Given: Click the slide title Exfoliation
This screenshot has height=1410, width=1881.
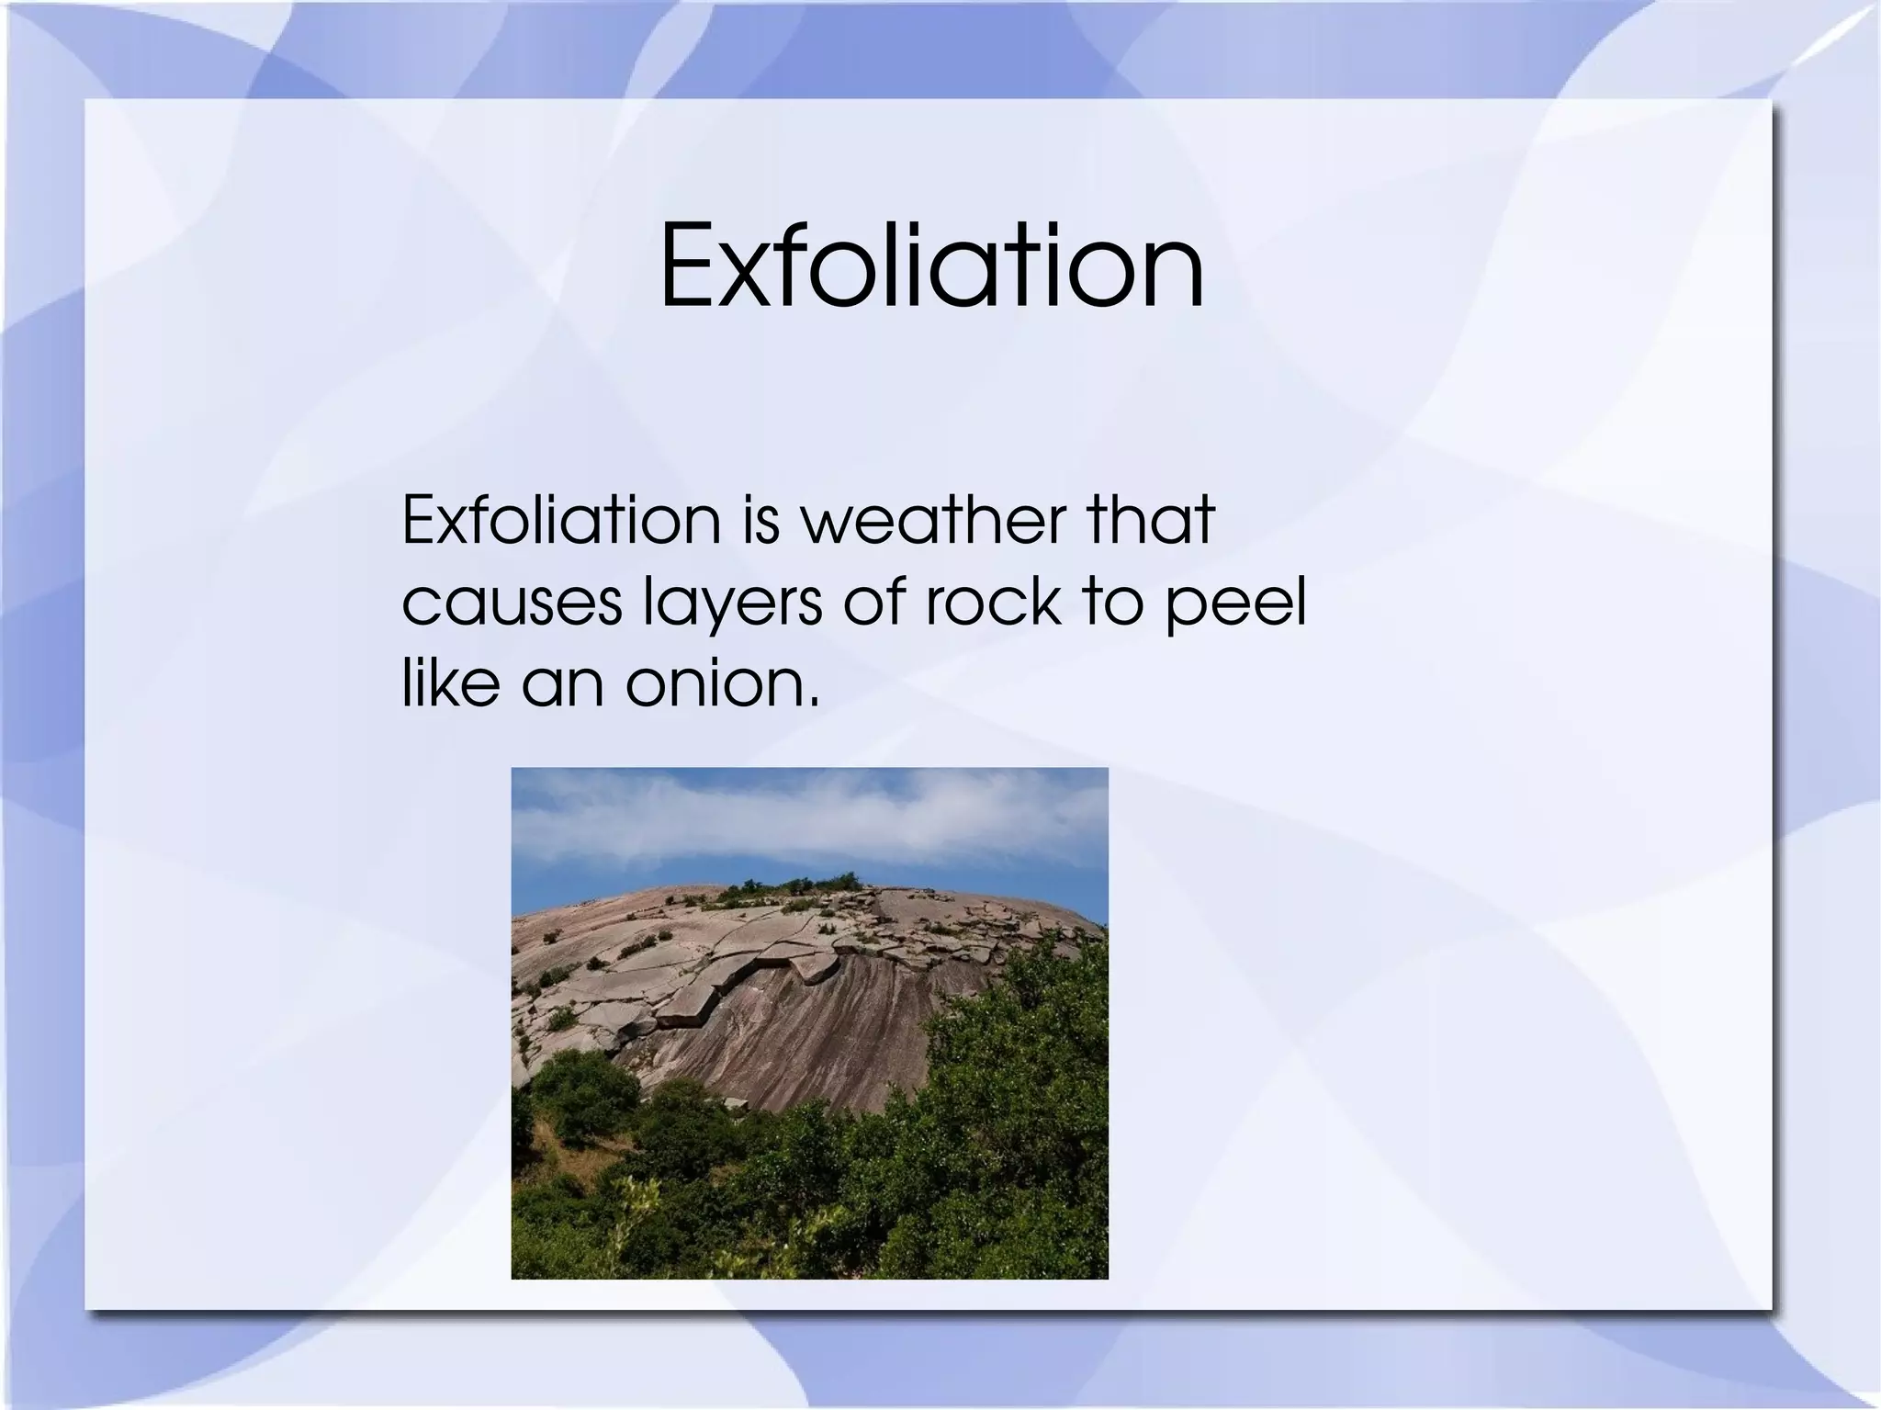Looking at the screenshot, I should point(931,267).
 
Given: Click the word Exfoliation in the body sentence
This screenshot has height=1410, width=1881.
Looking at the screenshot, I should point(561,520).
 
